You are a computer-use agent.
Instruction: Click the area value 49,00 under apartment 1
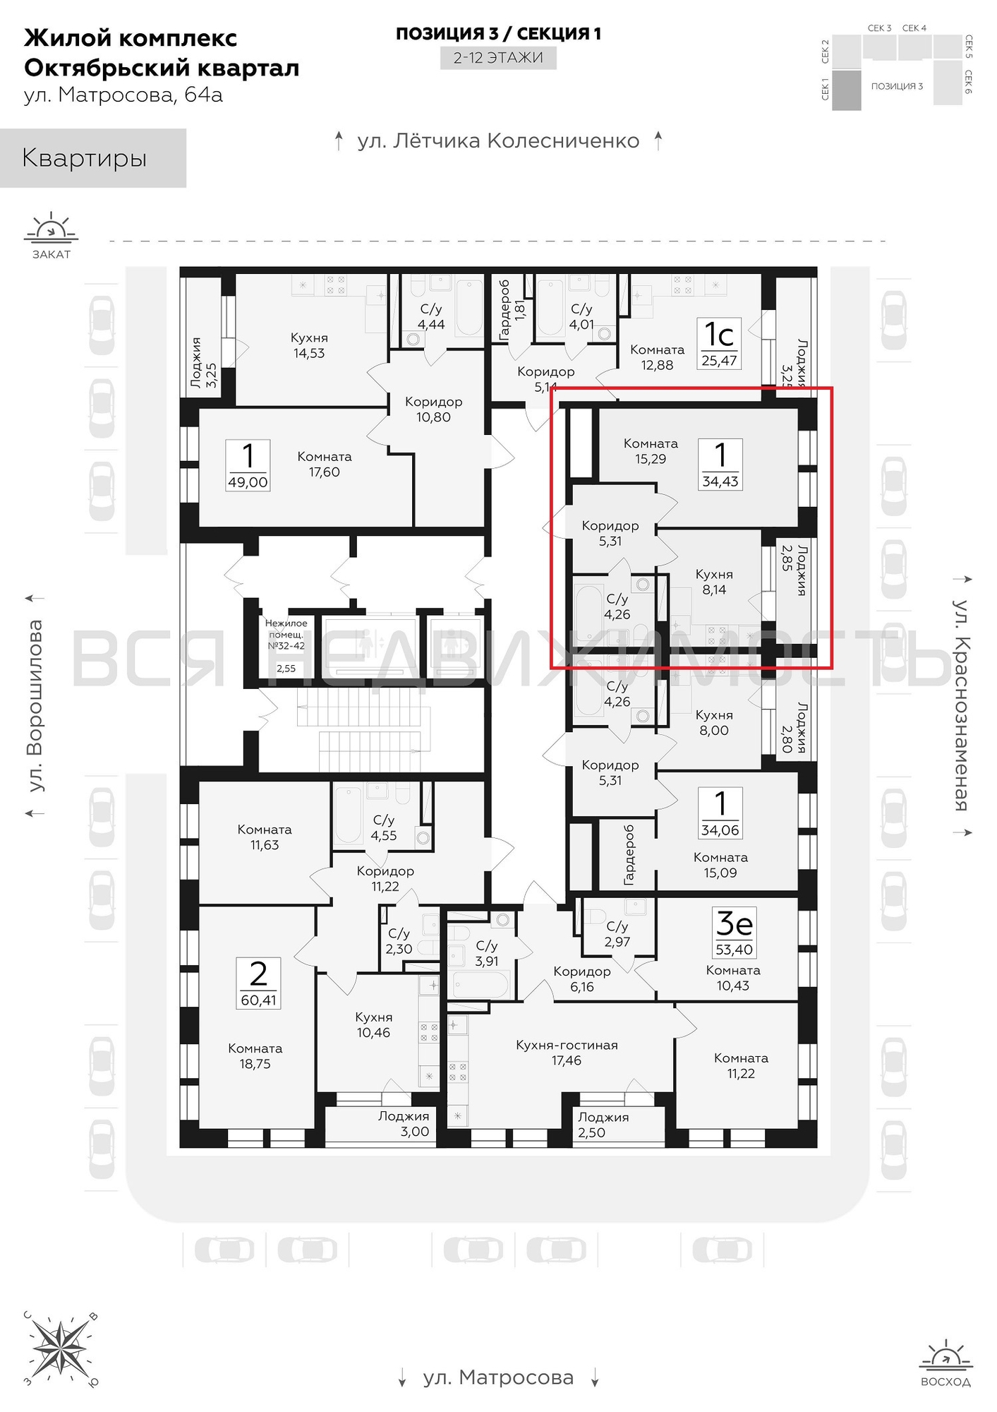(248, 482)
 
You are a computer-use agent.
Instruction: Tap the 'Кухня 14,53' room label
(309, 345)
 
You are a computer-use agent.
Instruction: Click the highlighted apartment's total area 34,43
(720, 481)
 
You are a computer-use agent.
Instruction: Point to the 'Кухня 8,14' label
(714, 582)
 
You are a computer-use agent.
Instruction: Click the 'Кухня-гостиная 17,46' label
(567, 1052)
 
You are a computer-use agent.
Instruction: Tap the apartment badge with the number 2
(259, 983)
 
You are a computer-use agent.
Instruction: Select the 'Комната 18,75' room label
(255, 1056)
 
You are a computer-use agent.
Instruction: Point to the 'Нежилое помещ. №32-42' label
(286, 634)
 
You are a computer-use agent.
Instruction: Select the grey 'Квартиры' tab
(93, 158)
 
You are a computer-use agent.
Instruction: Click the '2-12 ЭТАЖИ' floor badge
(498, 57)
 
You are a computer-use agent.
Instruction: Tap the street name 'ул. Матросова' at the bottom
(498, 1377)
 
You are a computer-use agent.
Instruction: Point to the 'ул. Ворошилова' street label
(35, 706)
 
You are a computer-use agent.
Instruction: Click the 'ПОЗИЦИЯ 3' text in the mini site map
(897, 86)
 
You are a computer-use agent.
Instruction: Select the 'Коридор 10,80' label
(433, 409)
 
